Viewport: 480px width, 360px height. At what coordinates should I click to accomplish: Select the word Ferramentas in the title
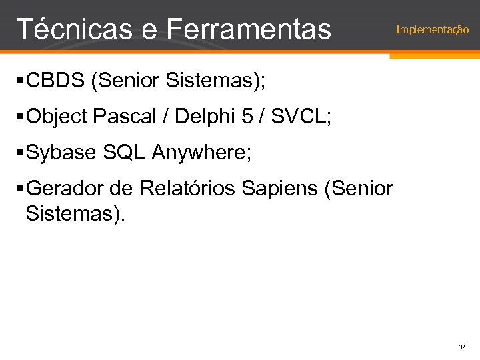[249, 29]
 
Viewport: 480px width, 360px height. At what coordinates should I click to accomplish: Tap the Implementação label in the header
[432, 30]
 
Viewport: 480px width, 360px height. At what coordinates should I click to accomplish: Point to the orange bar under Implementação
[434, 56]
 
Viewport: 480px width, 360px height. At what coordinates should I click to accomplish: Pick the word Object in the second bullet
[58, 118]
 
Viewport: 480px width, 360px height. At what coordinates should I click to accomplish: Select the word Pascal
[127, 118]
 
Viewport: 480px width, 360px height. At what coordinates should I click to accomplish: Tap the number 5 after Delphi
[247, 118]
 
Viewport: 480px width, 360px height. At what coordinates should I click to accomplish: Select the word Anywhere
[201, 153]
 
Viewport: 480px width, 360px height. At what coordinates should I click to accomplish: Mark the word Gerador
[64, 189]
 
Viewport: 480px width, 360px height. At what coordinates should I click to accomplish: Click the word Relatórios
[187, 189]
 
